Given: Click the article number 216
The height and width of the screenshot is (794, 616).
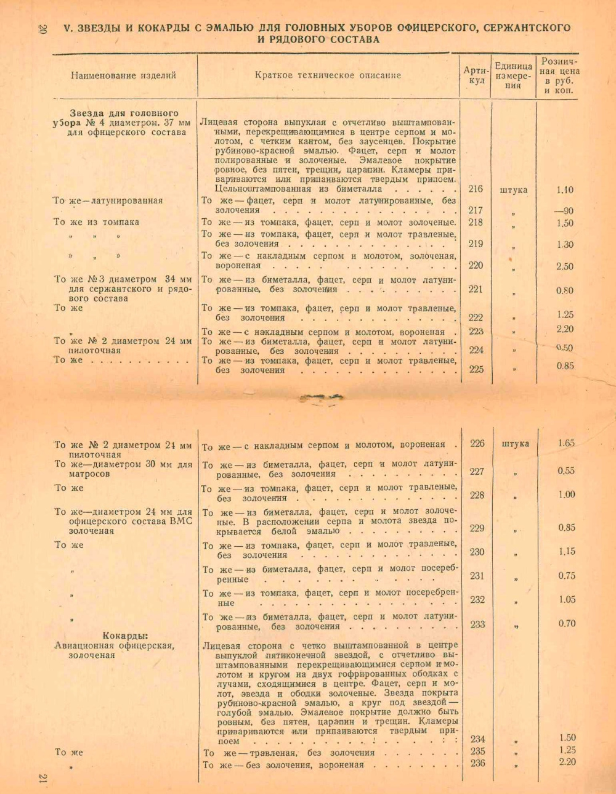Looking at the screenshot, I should (x=475, y=189).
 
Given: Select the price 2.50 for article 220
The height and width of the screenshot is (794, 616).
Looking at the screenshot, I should (x=564, y=266).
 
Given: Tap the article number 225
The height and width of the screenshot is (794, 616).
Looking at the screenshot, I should (x=476, y=369).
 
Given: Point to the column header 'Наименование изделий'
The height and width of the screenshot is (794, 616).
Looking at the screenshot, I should (x=123, y=75).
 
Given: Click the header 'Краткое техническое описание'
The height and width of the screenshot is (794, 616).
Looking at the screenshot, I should (x=328, y=75).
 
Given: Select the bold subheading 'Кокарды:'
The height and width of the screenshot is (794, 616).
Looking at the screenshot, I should (x=129, y=636).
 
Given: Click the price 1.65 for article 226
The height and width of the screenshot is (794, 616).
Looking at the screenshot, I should (x=565, y=443).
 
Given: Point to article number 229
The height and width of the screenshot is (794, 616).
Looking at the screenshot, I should (x=477, y=528).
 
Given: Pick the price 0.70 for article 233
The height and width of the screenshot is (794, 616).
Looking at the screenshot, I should (x=566, y=623).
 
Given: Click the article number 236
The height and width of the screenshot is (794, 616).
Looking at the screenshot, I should (x=477, y=763).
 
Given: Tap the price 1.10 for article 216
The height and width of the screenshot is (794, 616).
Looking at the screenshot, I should (x=564, y=190).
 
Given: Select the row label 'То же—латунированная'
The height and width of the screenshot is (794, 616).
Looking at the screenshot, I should (x=108, y=200).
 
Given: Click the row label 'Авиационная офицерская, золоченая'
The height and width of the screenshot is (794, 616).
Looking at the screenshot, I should (x=114, y=650).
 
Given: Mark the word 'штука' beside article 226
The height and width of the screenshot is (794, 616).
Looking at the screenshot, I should (x=515, y=444).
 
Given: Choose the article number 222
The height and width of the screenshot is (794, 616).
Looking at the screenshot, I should (x=476, y=317).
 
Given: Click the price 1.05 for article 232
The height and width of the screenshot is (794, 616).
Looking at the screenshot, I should (x=566, y=599).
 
